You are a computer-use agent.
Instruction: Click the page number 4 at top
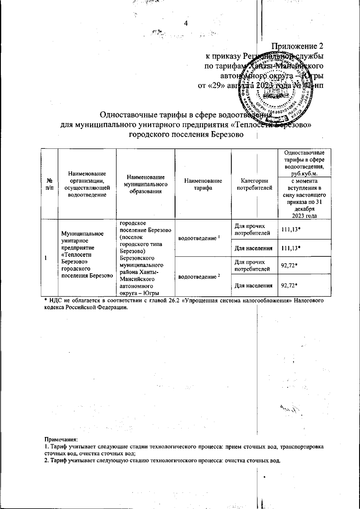pos(185,24)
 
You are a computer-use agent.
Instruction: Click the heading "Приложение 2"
pos(297,46)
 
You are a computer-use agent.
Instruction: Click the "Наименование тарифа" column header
pos(203,184)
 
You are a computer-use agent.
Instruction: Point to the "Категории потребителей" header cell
pos(255,184)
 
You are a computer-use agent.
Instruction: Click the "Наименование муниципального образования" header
pos(145,184)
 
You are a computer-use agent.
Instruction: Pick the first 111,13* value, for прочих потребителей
pos(291,229)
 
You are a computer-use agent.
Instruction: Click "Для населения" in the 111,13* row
pos(253,248)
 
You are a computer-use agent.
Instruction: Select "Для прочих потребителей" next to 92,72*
pos(253,265)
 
